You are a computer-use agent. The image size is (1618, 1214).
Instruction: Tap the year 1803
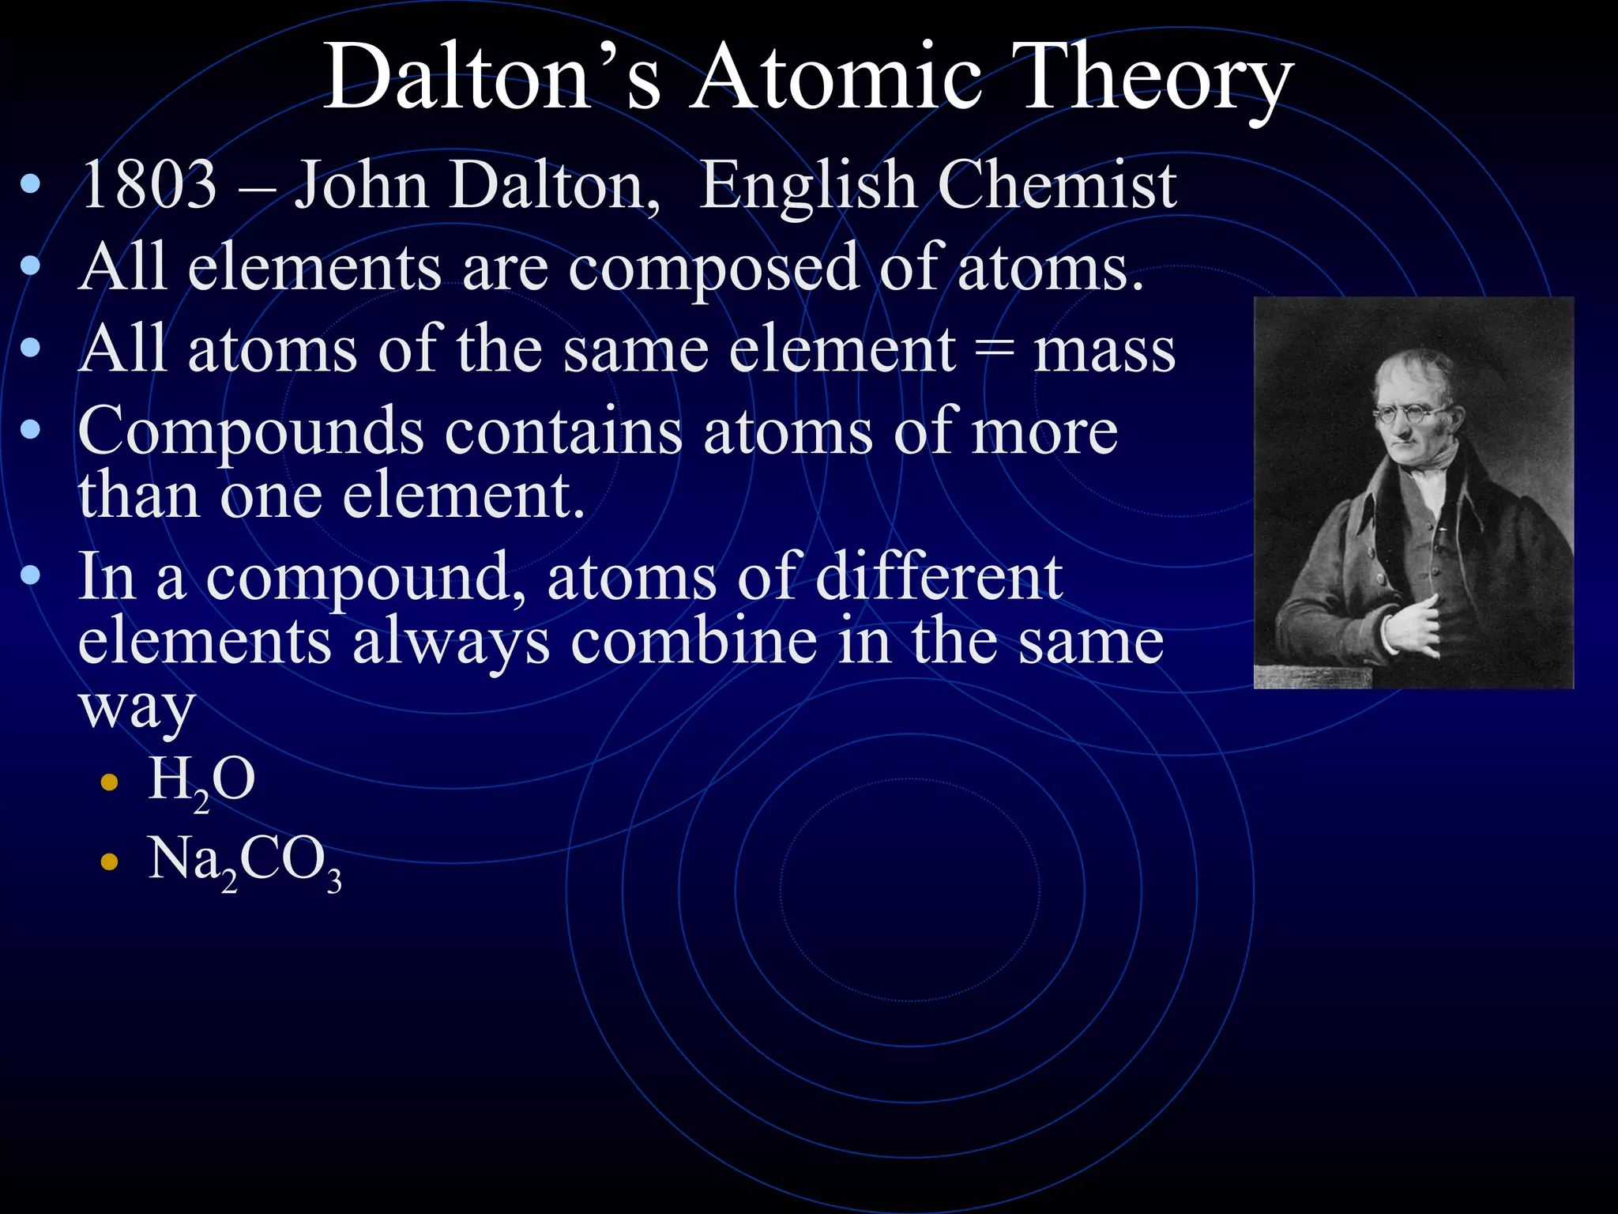[x=149, y=185]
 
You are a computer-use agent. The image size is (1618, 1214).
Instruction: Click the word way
[x=136, y=707]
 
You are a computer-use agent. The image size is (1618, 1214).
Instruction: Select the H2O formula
[x=202, y=781]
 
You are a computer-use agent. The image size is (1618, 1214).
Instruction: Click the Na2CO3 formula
[x=245, y=861]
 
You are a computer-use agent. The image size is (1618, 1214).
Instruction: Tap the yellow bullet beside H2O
[x=110, y=783]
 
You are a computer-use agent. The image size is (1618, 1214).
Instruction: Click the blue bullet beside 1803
[x=30, y=186]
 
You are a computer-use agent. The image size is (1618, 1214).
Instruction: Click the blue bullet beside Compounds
[x=30, y=431]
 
